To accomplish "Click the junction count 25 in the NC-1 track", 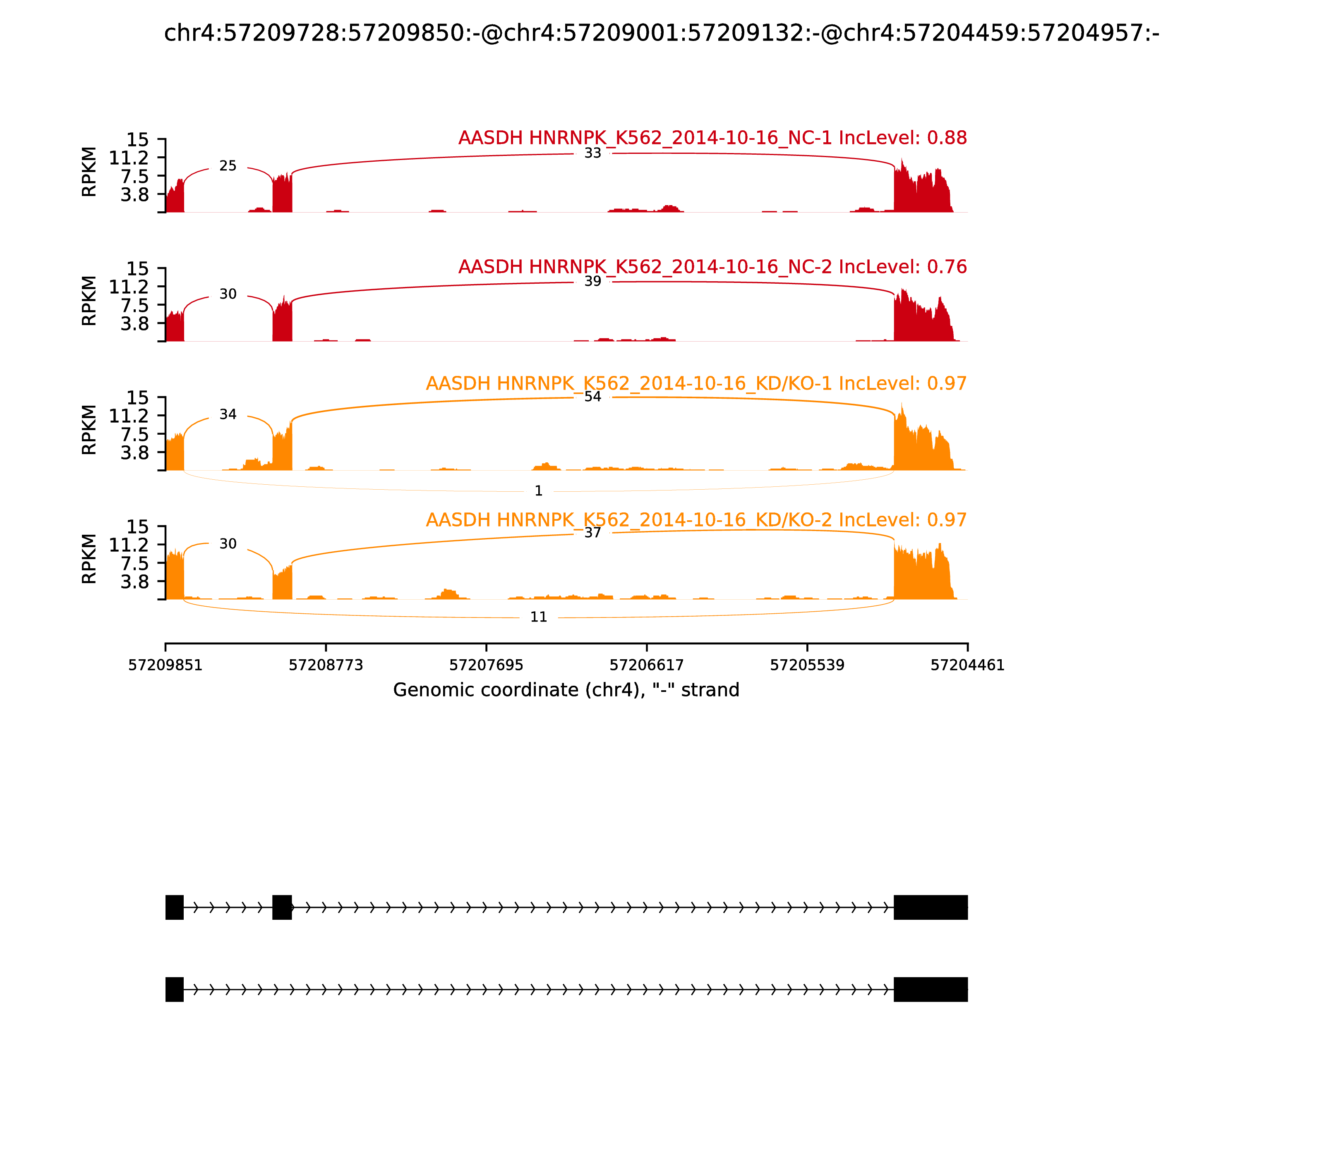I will [x=228, y=166].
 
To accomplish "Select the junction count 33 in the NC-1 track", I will [x=592, y=153].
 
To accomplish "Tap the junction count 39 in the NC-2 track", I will [x=592, y=281].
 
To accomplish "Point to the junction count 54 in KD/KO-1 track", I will [x=592, y=397].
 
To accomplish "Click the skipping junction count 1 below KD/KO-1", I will [x=539, y=491].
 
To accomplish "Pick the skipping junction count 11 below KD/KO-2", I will [x=539, y=617].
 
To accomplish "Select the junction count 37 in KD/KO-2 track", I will [x=592, y=533].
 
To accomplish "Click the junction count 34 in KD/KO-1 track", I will [x=228, y=414].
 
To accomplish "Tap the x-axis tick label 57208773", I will [x=326, y=665].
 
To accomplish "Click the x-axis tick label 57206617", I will [x=646, y=665].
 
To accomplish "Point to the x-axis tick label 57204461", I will [x=967, y=665].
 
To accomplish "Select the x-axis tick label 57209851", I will [x=165, y=665].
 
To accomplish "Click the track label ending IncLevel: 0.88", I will [x=712, y=138].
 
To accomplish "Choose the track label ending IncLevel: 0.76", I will [x=712, y=267].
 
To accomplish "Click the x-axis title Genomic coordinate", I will [x=566, y=690].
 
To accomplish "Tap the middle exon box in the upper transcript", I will [x=282, y=907].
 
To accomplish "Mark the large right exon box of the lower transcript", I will [x=930, y=989].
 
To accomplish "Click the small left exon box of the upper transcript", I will [x=175, y=907].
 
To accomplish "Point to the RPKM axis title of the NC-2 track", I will [x=89, y=301].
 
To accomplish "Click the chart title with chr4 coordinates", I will [x=661, y=33].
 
